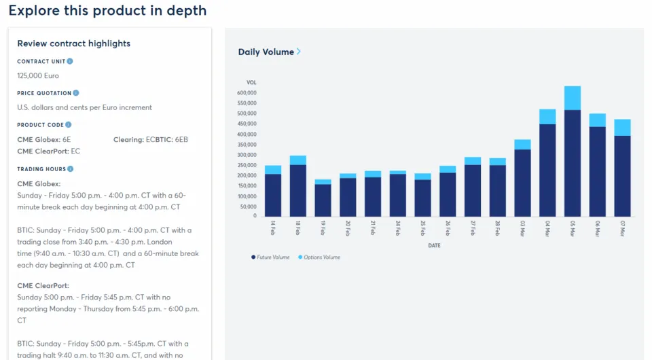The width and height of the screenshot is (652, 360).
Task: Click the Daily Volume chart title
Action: point(266,52)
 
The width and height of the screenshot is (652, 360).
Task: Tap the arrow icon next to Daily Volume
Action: point(299,52)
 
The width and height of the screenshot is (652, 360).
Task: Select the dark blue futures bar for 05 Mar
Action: point(572,163)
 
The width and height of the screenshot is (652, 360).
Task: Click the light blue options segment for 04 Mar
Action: point(547,116)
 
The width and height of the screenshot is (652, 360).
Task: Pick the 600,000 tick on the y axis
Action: point(247,93)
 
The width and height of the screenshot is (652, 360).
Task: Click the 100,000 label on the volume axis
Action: point(247,196)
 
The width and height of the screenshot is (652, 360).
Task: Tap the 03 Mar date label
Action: point(523,228)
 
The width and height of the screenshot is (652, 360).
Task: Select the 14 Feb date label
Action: point(272,228)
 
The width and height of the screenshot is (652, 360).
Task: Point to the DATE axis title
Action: point(434,245)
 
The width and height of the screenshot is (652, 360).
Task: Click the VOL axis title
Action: point(251,82)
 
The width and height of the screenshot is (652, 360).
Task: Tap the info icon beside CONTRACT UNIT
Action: point(70,61)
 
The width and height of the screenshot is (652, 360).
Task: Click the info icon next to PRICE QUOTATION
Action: point(76,93)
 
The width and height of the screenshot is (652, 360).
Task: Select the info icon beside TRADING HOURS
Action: point(71,168)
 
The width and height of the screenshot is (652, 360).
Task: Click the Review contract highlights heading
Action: point(73,43)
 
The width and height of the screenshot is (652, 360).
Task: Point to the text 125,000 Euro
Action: point(38,76)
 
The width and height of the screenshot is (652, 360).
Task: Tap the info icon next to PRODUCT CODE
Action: point(69,125)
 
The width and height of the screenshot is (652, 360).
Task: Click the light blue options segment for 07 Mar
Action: point(622,127)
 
